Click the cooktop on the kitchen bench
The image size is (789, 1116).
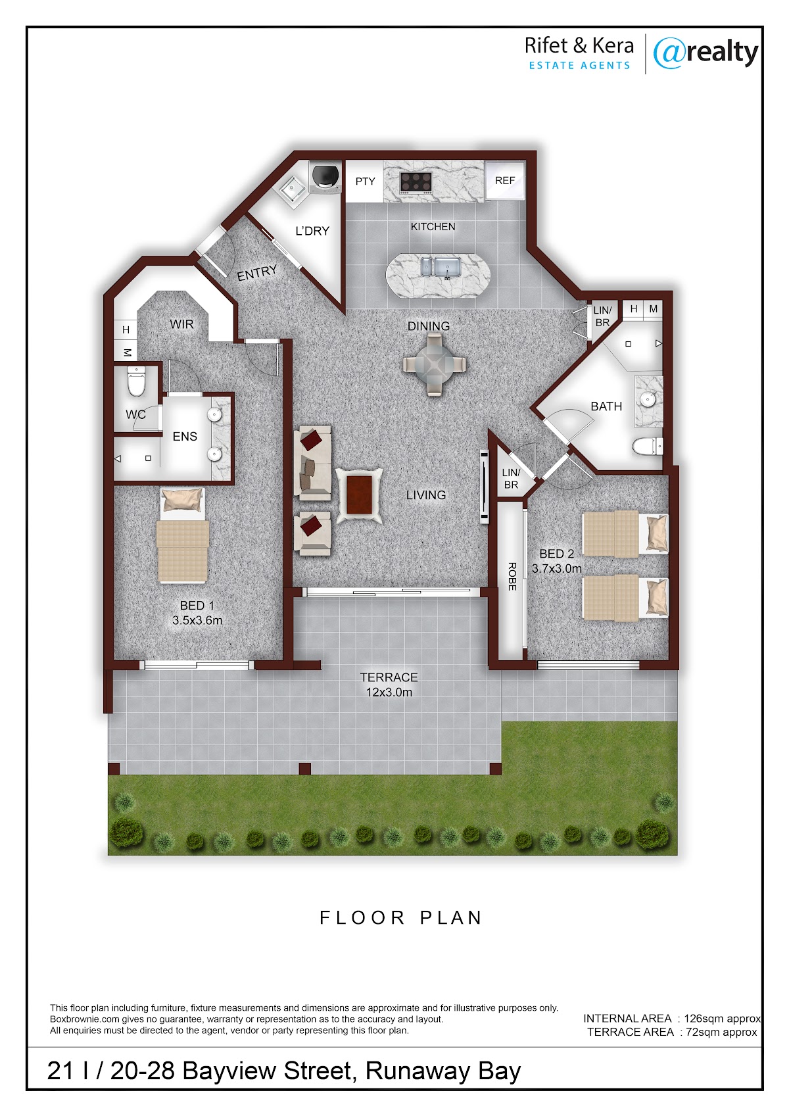point(416,182)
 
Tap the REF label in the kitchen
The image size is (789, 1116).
point(504,180)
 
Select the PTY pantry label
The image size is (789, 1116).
point(365,182)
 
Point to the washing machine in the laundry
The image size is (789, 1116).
point(325,177)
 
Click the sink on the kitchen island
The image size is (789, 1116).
point(441,267)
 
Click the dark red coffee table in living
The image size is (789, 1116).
point(360,495)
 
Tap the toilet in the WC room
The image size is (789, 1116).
point(135,381)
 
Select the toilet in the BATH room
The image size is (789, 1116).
point(648,447)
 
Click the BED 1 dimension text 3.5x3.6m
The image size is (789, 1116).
point(197,620)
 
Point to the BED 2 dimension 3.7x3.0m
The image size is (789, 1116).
point(557,568)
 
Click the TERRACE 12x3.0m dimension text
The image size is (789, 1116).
point(389,692)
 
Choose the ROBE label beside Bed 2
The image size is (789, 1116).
point(512,577)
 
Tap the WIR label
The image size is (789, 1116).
point(181,324)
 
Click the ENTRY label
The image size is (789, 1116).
point(257,273)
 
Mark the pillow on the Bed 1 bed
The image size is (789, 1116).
point(183,499)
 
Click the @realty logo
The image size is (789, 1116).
point(705,53)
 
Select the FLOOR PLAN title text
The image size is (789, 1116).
point(401,917)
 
